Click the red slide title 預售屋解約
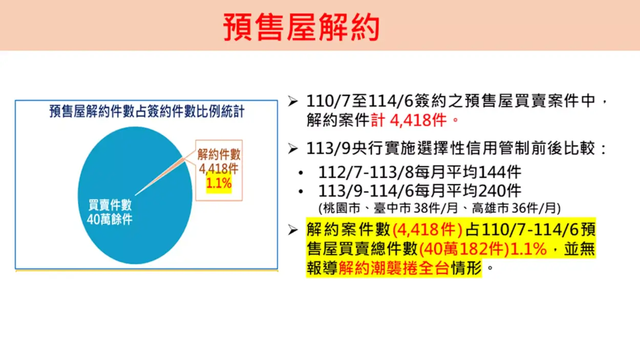301,27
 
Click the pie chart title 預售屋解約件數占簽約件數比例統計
147,112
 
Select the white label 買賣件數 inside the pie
110,205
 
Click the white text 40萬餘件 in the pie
110,219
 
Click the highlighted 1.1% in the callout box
219,183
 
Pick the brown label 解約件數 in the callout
219,155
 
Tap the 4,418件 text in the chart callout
219,169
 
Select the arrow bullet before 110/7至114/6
293,101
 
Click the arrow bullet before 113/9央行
293,149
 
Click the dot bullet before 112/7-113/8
301,173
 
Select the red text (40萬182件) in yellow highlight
464,249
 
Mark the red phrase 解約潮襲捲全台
394,268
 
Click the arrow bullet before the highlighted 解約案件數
293,230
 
